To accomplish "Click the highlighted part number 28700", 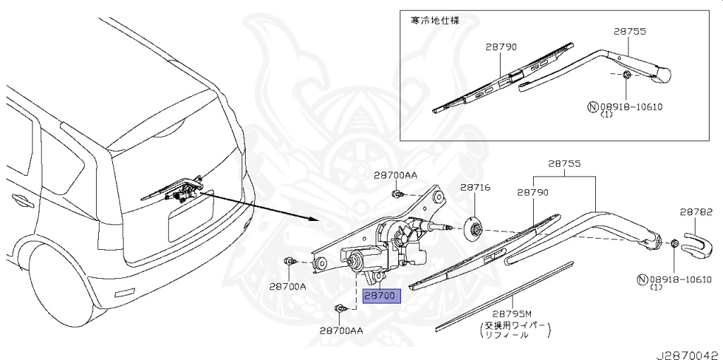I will [x=381, y=296].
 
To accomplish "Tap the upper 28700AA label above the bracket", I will [x=395, y=174].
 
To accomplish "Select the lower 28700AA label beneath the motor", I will [x=341, y=330].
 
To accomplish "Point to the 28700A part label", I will [x=287, y=287].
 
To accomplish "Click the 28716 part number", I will [x=475, y=188].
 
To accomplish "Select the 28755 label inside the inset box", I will [x=630, y=32].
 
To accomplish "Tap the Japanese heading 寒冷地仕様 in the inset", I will [x=436, y=20].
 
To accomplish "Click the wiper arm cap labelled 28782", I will [x=702, y=244].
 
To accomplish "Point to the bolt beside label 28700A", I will [x=289, y=262].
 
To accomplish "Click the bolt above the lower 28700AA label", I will [x=342, y=308].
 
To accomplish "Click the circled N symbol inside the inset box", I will [x=592, y=107].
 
